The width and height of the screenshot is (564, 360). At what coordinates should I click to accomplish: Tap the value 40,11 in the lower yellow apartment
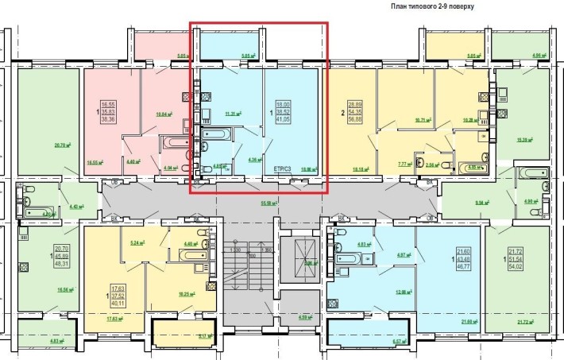pyautogui.click(x=118, y=302)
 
